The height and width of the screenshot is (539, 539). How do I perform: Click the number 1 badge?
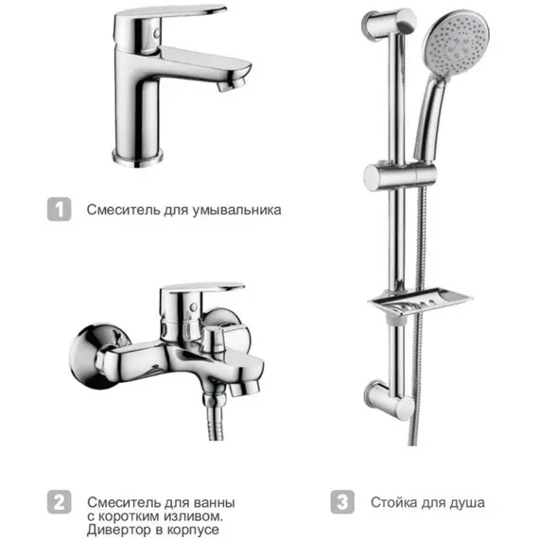point(60,209)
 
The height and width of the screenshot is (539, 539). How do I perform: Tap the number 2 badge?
point(60,502)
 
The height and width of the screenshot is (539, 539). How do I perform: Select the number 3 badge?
point(342,502)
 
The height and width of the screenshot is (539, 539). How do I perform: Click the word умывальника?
point(236,210)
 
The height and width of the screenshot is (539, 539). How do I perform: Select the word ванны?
point(215,503)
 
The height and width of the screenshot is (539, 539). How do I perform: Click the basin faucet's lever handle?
point(171,14)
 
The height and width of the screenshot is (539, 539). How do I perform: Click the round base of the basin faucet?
point(137,158)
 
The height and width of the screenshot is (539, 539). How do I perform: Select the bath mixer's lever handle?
point(201,288)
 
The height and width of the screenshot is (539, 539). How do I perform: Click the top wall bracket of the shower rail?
point(390,24)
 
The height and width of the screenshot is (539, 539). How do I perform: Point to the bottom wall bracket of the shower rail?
point(390,400)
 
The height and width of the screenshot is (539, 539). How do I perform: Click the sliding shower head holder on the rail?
point(401,178)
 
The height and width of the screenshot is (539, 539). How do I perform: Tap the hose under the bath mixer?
point(216,418)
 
